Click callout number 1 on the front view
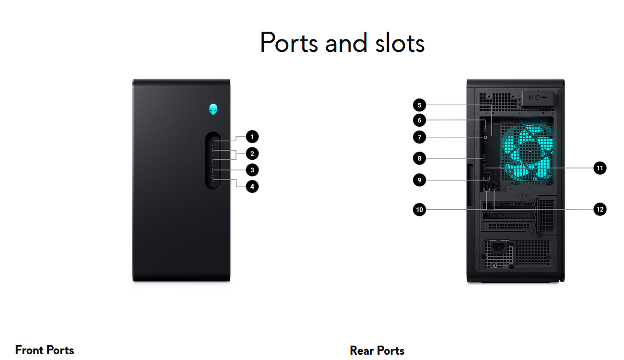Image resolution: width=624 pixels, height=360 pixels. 252,137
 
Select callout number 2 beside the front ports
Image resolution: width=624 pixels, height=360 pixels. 252,154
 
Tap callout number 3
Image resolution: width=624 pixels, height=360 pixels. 252,170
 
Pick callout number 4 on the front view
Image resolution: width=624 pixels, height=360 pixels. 252,186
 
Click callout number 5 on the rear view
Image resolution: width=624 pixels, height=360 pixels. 419,105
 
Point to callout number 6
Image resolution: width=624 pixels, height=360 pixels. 419,120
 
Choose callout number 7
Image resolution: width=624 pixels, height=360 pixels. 419,137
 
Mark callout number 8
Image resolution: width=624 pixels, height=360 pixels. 419,158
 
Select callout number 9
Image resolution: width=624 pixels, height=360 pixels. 419,180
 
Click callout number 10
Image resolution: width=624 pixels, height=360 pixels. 419,209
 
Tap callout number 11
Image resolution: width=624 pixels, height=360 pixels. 600,168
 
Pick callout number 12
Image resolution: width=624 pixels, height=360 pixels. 600,209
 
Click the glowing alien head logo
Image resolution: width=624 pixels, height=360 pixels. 213,109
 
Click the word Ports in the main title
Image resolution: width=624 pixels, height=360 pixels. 289,42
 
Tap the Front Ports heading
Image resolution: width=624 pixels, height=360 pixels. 45,350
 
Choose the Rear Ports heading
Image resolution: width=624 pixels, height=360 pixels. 377,350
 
